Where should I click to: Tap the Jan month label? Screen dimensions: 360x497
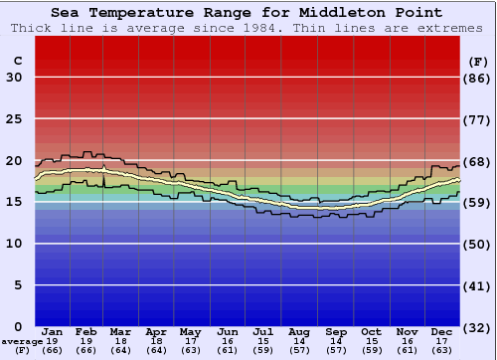pyautogui.click(x=53, y=331)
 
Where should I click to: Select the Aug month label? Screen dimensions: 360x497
pyautogui.click(x=299, y=331)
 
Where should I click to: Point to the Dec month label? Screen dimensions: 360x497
pyautogui.click(x=442, y=331)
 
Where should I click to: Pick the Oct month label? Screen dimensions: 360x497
pyautogui.click(x=371, y=331)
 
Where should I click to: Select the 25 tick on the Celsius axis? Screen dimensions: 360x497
pyautogui.click(x=15, y=119)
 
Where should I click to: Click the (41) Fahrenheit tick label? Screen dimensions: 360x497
pyautogui.click(x=478, y=285)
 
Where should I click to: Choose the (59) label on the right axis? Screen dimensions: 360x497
pyautogui.click(x=478, y=203)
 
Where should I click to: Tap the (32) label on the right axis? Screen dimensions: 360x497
pyautogui.click(x=478, y=326)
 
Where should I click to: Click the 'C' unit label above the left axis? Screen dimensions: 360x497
pyautogui.click(x=17, y=61)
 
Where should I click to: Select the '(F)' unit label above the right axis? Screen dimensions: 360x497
pyautogui.click(x=477, y=61)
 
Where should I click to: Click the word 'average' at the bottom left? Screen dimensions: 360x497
pyautogui.click(x=22, y=341)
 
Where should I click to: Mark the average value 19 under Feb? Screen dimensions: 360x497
pyautogui.click(x=87, y=341)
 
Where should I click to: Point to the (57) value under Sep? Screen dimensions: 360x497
pyautogui.click(x=336, y=350)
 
